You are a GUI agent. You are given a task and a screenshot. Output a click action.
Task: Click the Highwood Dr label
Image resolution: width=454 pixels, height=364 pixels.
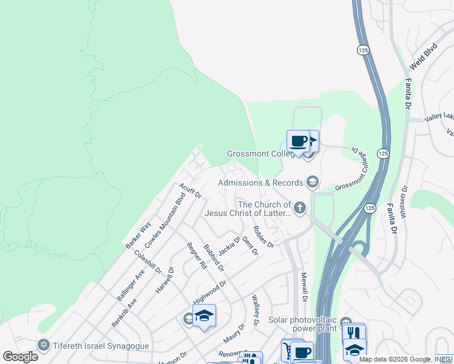209,292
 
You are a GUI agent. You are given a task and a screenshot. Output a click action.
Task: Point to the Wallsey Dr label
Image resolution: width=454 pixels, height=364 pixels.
256,310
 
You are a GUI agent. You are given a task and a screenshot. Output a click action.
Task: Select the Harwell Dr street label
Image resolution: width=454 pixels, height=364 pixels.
164,280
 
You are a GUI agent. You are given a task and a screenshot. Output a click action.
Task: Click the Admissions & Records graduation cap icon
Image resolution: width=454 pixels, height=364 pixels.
312,182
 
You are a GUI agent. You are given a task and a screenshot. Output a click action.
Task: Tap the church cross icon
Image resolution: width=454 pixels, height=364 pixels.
299,209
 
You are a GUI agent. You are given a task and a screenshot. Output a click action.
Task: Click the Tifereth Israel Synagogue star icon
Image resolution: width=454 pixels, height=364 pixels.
43,345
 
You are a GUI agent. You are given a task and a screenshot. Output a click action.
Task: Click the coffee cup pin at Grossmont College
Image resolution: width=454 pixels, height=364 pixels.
298,142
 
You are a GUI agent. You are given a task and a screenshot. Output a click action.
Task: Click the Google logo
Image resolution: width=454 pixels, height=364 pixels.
21,357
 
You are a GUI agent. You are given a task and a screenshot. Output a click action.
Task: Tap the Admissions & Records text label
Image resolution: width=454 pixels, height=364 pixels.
260,183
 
